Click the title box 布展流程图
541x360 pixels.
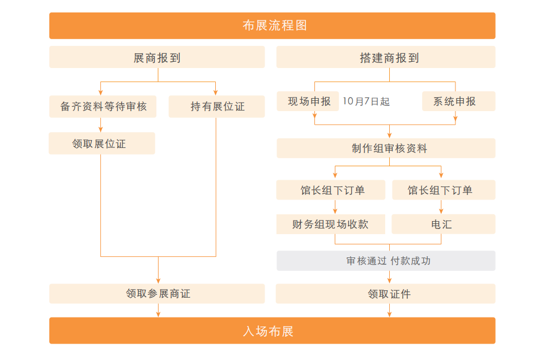click(x=272, y=26)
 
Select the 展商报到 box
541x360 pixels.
click(x=157, y=57)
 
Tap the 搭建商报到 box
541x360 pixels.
click(x=386, y=57)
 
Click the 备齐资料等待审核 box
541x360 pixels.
click(x=103, y=107)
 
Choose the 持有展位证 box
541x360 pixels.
click(x=216, y=107)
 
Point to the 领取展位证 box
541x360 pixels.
click(x=102, y=143)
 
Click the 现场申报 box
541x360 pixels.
click(x=308, y=101)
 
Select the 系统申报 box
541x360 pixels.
click(x=459, y=101)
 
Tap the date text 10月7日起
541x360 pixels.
click(x=366, y=101)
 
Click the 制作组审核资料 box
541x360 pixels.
click(x=386, y=148)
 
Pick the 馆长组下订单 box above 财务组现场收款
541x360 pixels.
click(x=331, y=190)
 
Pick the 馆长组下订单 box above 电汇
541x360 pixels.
click(x=444, y=190)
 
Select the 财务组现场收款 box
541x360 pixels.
click(x=331, y=224)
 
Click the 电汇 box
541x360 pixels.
click(x=444, y=224)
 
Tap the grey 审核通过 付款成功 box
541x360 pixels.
click(x=386, y=261)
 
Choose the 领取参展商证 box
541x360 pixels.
click(x=157, y=294)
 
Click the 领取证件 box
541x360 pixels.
click(x=386, y=294)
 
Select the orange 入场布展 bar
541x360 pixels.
click(x=272, y=331)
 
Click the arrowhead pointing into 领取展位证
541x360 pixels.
click(x=101, y=129)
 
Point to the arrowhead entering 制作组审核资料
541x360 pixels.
click(x=390, y=135)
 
